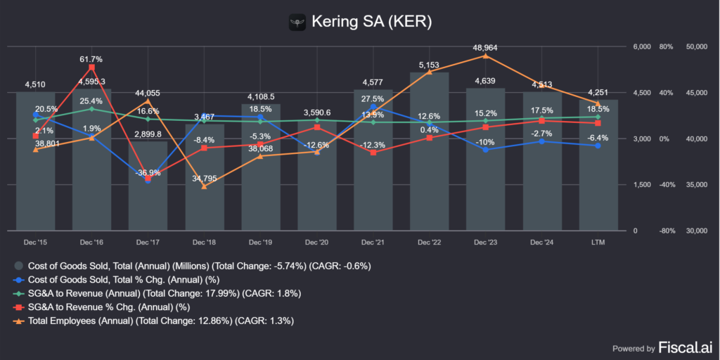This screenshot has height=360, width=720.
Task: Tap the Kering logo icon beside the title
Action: click(299, 22)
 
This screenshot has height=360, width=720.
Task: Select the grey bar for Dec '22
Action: click(429, 151)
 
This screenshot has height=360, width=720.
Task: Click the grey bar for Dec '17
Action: click(148, 186)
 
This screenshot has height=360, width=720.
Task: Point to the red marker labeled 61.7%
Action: click(91, 67)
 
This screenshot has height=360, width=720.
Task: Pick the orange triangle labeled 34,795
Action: click(204, 186)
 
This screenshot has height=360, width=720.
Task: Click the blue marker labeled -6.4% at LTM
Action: click(598, 146)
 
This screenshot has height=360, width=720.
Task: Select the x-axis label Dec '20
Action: click(316, 242)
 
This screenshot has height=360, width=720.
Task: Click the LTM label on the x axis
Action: click(598, 242)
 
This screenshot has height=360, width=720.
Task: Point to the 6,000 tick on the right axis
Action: click(642, 46)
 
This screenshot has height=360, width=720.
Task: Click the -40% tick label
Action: click(666, 185)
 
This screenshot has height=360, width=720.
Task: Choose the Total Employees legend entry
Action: click(160, 321)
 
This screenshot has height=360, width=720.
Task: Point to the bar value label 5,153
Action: click(429, 65)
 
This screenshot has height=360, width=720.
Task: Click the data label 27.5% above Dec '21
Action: click(373, 98)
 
